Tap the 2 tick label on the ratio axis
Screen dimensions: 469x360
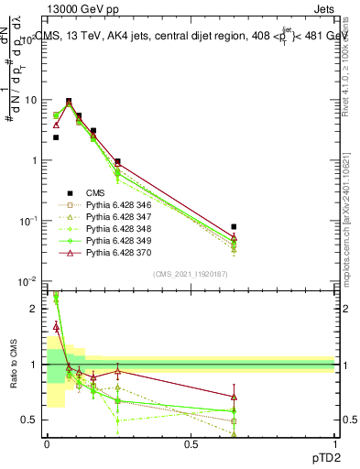click(33, 309)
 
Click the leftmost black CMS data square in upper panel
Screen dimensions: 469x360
click(56, 137)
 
